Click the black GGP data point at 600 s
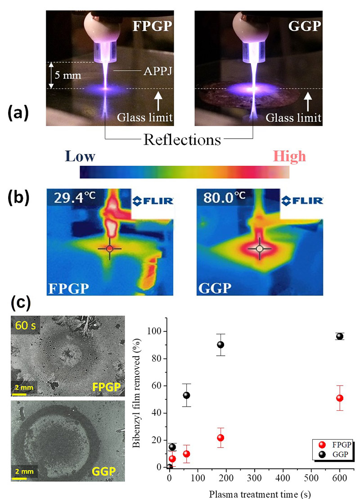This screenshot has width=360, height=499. pos(340,336)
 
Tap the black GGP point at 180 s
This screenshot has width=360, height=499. pos(220,345)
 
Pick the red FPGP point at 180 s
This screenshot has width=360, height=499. pos(220,438)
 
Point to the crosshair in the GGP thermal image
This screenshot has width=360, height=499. pos(259,249)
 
